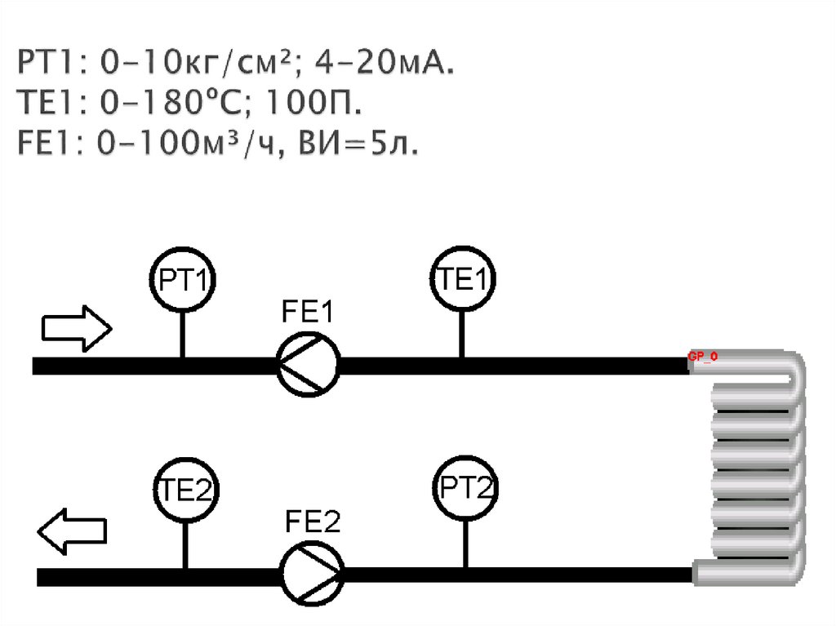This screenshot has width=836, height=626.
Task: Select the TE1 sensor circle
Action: [x=463, y=280]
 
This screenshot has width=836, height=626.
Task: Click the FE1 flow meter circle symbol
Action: [x=308, y=366]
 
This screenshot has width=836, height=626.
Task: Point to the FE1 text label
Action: [x=308, y=313]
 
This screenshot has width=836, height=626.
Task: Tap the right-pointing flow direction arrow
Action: [x=76, y=328]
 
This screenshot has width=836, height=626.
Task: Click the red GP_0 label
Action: [x=702, y=357]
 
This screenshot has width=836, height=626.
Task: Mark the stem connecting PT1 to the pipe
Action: [x=181, y=335]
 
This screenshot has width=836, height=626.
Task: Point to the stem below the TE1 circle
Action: [x=461, y=335]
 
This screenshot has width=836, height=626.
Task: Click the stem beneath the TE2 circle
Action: [x=186, y=545]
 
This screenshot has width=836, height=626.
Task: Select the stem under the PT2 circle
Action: [x=465, y=544]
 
